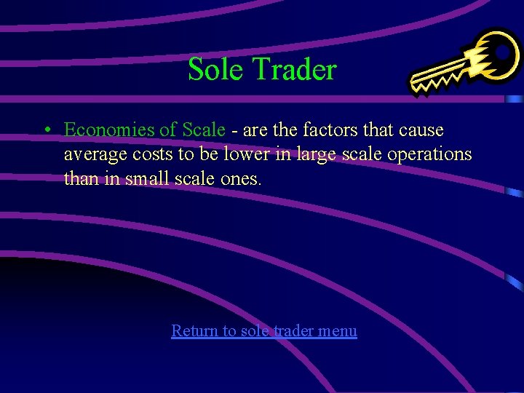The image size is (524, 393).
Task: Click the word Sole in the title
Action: pyautogui.click(x=216, y=70)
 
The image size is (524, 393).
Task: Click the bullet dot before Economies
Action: pyautogui.click(x=46, y=130)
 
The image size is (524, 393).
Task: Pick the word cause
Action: pyautogui.click(x=419, y=130)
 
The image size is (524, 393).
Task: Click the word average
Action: pyautogui.click(x=92, y=155)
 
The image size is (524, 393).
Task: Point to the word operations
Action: pyautogui.click(x=430, y=155)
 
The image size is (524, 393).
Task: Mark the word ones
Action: pyautogui.click(x=239, y=179)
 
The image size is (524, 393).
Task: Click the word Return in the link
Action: pyautogui.click(x=194, y=331)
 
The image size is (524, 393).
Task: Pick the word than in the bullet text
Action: pyautogui.click(x=81, y=178)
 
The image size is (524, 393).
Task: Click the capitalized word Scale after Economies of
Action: pyautogui.click(x=203, y=130)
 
